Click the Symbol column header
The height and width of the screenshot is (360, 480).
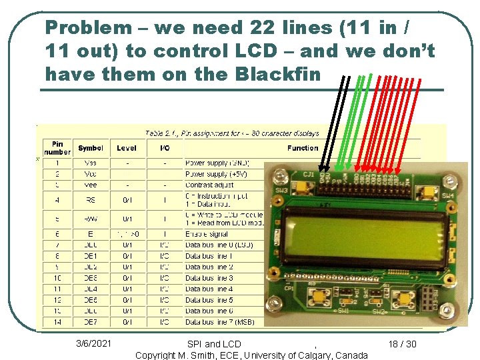coord(91,148)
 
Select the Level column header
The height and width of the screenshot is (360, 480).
coord(127,148)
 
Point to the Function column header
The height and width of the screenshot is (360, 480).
coord(303,148)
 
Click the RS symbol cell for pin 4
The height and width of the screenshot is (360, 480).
coord(91,199)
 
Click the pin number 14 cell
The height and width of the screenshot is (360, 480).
coord(57,322)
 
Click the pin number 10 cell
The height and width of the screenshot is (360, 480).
coord(57,278)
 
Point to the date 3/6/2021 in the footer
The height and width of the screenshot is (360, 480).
coord(94,344)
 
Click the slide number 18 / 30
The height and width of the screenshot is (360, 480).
coord(402,344)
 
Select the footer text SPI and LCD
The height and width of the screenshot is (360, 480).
coord(214,344)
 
